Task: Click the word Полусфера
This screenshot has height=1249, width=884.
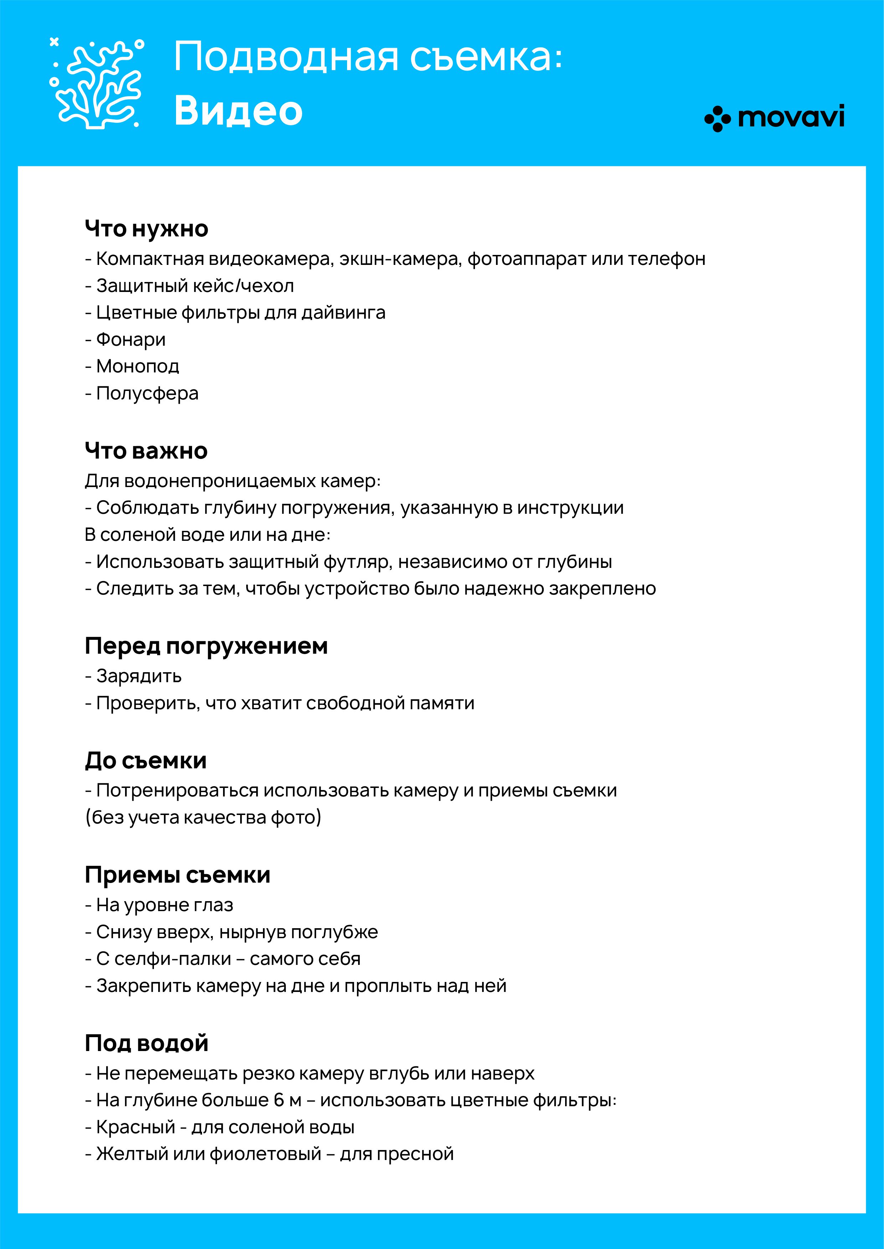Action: (148, 393)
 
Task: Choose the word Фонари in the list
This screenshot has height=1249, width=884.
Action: (131, 339)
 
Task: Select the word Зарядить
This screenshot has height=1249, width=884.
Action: (139, 676)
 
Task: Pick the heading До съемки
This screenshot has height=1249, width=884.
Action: (146, 761)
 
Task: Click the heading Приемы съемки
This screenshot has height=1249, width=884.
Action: (177, 875)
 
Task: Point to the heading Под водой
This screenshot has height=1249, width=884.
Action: (146, 1043)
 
